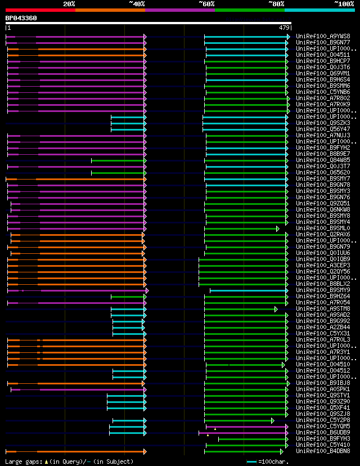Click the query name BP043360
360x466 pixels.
[21, 18]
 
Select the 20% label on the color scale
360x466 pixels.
[69, 4]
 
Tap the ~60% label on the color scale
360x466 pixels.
[206, 4]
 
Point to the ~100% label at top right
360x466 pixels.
[344, 4]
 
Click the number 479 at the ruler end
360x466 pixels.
[283, 28]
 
